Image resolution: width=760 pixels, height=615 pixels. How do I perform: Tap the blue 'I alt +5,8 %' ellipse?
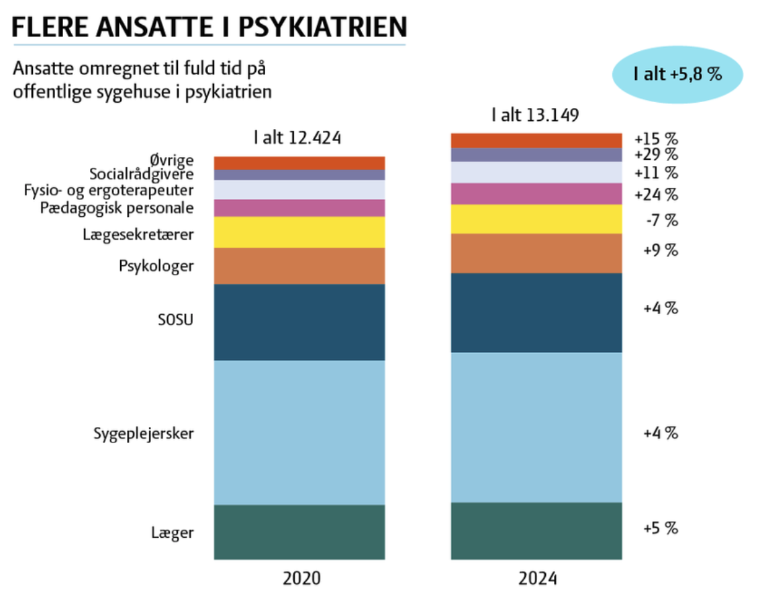(x=677, y=74)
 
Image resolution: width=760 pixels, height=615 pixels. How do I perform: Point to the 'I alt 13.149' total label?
(x=535, y=115)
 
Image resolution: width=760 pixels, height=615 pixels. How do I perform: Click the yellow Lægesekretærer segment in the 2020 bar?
(x=299, y=232)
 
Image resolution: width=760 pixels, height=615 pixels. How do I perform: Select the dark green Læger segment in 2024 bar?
(x=536, y=530)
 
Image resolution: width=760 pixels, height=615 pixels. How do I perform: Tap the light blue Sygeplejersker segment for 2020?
(x=299, y=432)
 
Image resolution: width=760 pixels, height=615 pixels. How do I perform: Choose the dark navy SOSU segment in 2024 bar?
(x=536, y=312)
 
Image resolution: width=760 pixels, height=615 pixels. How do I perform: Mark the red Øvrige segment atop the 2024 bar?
(x=536, y=140)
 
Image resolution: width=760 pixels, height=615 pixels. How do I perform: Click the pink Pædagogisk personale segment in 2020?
(x=299, y=207)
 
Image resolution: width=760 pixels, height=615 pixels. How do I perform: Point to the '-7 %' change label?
(x=661, y=220)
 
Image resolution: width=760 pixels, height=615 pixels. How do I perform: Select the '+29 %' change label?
(x=656, y=155)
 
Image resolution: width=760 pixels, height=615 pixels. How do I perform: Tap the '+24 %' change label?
(x=656, y=195)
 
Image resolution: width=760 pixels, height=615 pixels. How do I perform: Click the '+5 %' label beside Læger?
(x=660, y=528)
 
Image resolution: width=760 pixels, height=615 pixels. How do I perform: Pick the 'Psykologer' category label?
(x=156, y=267)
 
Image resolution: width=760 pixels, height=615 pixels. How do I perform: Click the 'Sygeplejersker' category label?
(x=144, y=434)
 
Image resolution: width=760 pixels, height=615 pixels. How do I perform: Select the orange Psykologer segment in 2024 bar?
(x=536, y=253)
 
